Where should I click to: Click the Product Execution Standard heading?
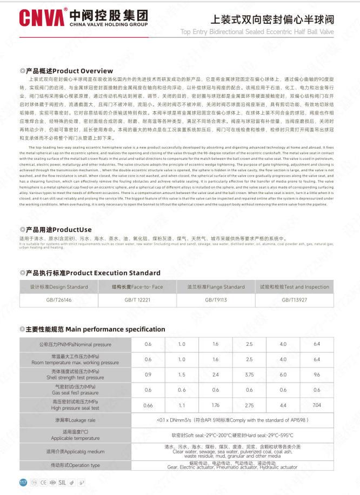point(90,273)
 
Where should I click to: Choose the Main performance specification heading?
point(92,329)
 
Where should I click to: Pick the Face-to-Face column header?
point(137,287)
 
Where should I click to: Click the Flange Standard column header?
point(216,287)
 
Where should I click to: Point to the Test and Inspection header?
point(294,287)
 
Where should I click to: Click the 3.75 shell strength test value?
point(249,374)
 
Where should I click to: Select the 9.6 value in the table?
point(317,374)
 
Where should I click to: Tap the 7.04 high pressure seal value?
point(317,405)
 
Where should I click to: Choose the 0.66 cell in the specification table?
point(148,405)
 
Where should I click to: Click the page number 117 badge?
point(23,483)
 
